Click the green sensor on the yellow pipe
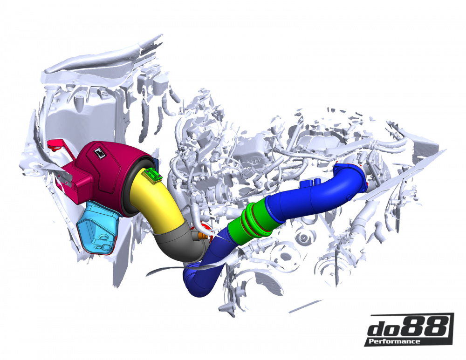[x=153, y=176]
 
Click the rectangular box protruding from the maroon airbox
[x=75, y=179]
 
